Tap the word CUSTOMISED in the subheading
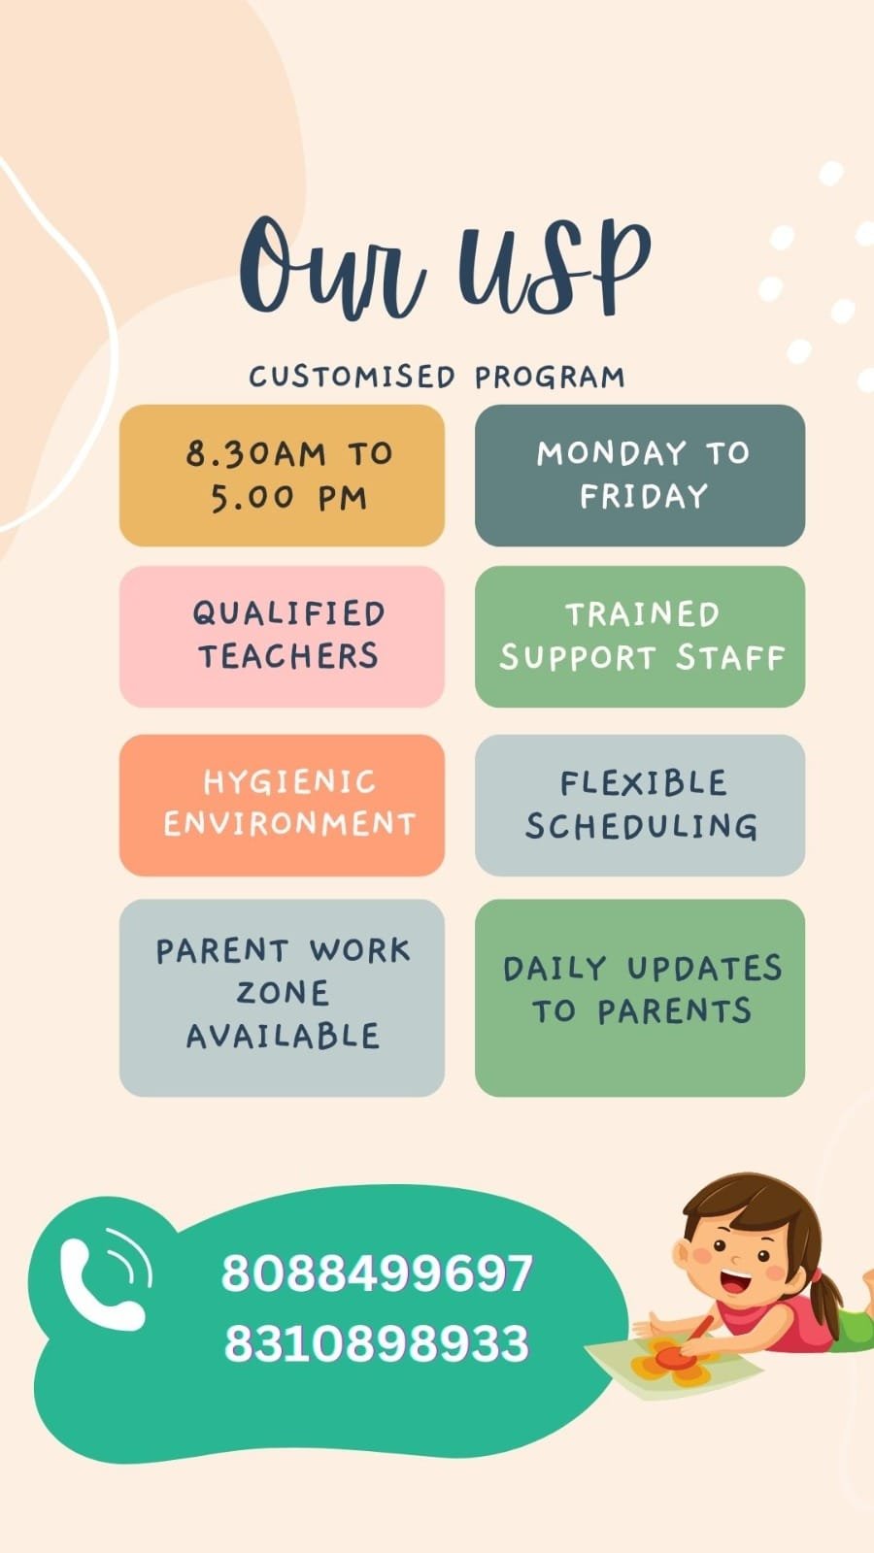point(352,377)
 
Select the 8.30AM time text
point(255,454)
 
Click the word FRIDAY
point(644,496)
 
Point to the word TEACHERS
point(288,656)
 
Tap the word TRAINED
point(642,614)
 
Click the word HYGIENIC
point(289,782)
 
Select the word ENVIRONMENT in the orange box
point(289,824)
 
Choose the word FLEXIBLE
point(644,783)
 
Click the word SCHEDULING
point(641,826)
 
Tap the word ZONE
point(283,993)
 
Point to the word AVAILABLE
point(283,1036)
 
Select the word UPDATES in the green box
point(704,969)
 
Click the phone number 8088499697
point(377,1272)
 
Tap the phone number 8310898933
point(377,1343)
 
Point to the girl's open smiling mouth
point(736,1278)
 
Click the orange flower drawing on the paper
point(669,1362)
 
